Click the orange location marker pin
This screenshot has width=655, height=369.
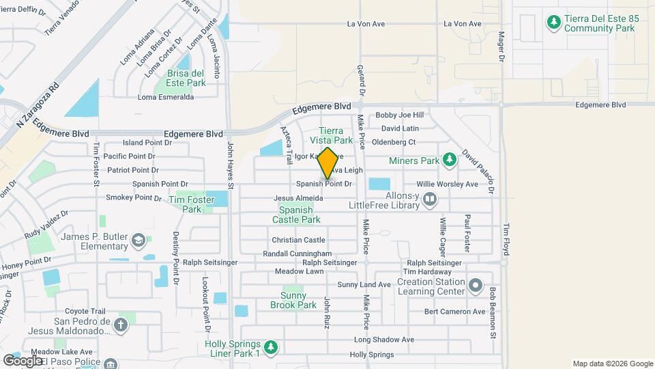[x=327, y=163]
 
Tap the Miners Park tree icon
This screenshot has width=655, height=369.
[x=449, y=160]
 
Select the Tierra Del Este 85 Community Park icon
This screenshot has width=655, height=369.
[x=554, y=23]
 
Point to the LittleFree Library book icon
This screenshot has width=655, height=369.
[x=430, y=199]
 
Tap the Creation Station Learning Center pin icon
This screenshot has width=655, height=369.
[x=476, y=284]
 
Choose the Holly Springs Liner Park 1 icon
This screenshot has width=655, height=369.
[x=271, y=348]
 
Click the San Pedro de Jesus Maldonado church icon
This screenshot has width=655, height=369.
[x=120, y=325]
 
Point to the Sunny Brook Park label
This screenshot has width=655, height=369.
[x=293, y=300]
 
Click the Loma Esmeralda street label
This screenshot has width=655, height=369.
[x=165, y=97]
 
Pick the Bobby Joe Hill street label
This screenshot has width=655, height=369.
[x=399, y=115]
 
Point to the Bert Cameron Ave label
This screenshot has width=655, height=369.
[x=454, y=312]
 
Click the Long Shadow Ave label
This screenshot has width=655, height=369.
[x=384, y=340]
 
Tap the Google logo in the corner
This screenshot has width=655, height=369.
[x=23, y=360]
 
